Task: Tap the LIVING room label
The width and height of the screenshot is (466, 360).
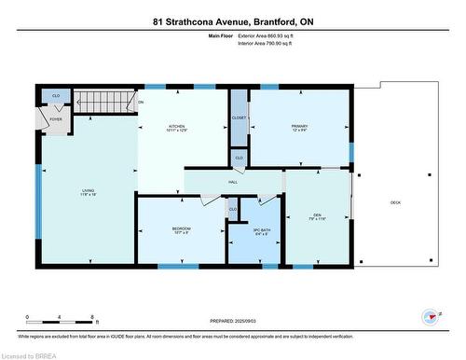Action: (x=86, y=191)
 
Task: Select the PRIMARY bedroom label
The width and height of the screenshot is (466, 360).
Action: (x=299, y=126)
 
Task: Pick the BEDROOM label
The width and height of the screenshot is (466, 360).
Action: (x=181, y=228)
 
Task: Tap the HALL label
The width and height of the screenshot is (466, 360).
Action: (x=233, y=181)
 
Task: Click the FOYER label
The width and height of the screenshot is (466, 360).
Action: (x=55, y=118)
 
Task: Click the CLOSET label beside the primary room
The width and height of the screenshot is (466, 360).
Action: (x=239, y=118)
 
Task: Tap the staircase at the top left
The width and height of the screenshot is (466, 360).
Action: (x=103, y=101)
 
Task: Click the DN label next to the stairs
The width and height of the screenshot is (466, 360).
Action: (x=141, y=102)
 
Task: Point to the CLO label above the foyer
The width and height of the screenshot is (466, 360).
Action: (x=55, y=95)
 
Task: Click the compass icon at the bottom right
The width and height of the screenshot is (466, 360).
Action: (x=431, y=317)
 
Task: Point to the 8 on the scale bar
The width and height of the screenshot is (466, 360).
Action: (x=93, y=318)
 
